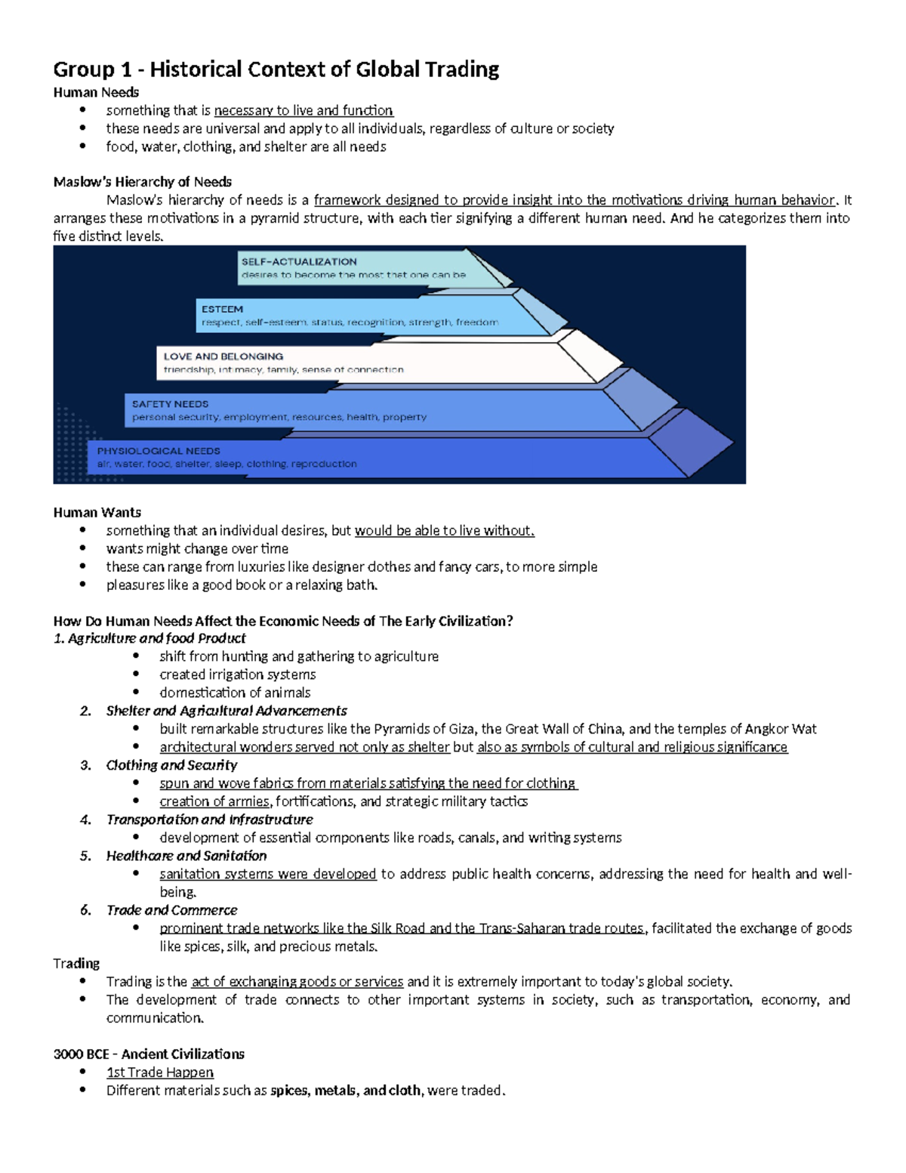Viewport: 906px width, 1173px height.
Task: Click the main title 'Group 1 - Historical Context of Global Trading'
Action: click(x=276, y=69)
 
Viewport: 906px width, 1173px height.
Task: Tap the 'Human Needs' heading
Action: click(x=96, y=92)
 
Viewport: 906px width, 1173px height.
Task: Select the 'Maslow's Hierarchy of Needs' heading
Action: click(x=142, y=182)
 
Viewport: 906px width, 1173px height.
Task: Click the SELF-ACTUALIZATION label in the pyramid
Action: click(x=299, y=261)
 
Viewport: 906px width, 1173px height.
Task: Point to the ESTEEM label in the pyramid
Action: click(x=222, y=309)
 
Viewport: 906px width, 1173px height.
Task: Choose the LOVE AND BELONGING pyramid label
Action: click(x=223, y=357)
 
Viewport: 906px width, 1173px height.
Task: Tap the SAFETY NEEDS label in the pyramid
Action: click(x=170, y=404)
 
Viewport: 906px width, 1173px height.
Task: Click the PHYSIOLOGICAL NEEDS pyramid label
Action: click(x=159, y=451)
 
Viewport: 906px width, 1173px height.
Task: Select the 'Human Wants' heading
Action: click(x=97, y=512)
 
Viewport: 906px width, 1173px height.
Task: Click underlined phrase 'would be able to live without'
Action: click(x=444, y=530)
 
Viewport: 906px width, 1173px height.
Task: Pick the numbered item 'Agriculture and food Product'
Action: click(x=156, y=638)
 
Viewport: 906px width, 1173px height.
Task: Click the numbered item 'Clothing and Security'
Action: click(x=171, y=765)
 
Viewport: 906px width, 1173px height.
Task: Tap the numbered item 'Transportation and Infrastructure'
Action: click(x=209, y=820)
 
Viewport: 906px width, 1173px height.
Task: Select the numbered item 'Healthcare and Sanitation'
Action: click(x=186, y=856)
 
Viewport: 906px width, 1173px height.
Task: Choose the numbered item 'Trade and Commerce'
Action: click(x=171, y=910)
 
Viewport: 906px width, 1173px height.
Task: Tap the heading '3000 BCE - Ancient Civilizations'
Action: click(x=149, y=1054)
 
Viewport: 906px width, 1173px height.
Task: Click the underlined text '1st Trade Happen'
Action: click(x=160, y=1073)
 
